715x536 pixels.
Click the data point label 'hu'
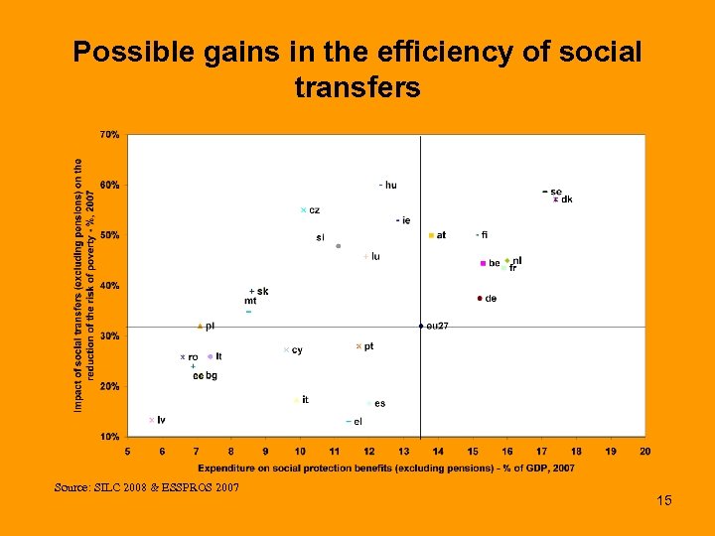click(390, 185)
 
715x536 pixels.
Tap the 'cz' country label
click(314, 210)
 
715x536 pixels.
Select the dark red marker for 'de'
click(480, 298)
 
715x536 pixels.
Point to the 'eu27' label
click(437, 326)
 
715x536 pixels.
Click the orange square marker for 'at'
click(431, 235)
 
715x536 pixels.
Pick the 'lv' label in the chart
click(161, 420)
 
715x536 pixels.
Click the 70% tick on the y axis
click(110, 134)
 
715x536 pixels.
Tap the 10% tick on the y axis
click(110, 437)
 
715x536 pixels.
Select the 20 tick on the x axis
click(645, 451)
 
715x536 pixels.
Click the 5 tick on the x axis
click(127, 451)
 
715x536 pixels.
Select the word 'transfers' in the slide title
click(357, 89)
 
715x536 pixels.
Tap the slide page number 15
click(664, 500)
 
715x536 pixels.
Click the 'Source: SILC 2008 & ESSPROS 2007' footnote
click(148, 486)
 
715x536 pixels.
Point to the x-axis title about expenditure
click(386, 468)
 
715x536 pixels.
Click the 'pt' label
click(368, 346)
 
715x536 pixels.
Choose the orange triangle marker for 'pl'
click(200, 326)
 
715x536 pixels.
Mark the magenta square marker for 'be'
click(482, 264)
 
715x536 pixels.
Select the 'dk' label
click(566, 200)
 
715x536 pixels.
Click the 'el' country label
click(357, 422)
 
